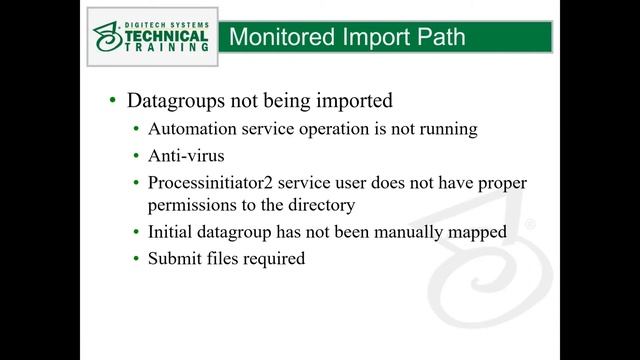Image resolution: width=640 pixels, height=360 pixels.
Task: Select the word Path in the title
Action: pyautogui.click(x=438, y=38)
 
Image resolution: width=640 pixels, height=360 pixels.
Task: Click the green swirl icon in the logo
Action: pyautogui.click(x=108, y=36)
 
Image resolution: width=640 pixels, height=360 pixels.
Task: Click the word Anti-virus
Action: pyautogui.click(x=187, y=156)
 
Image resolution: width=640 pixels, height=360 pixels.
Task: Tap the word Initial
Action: pyautogui.click(x=173, y=233)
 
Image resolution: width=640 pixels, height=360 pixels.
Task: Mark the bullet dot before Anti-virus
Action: pyautogui.click(x=137, y=157)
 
